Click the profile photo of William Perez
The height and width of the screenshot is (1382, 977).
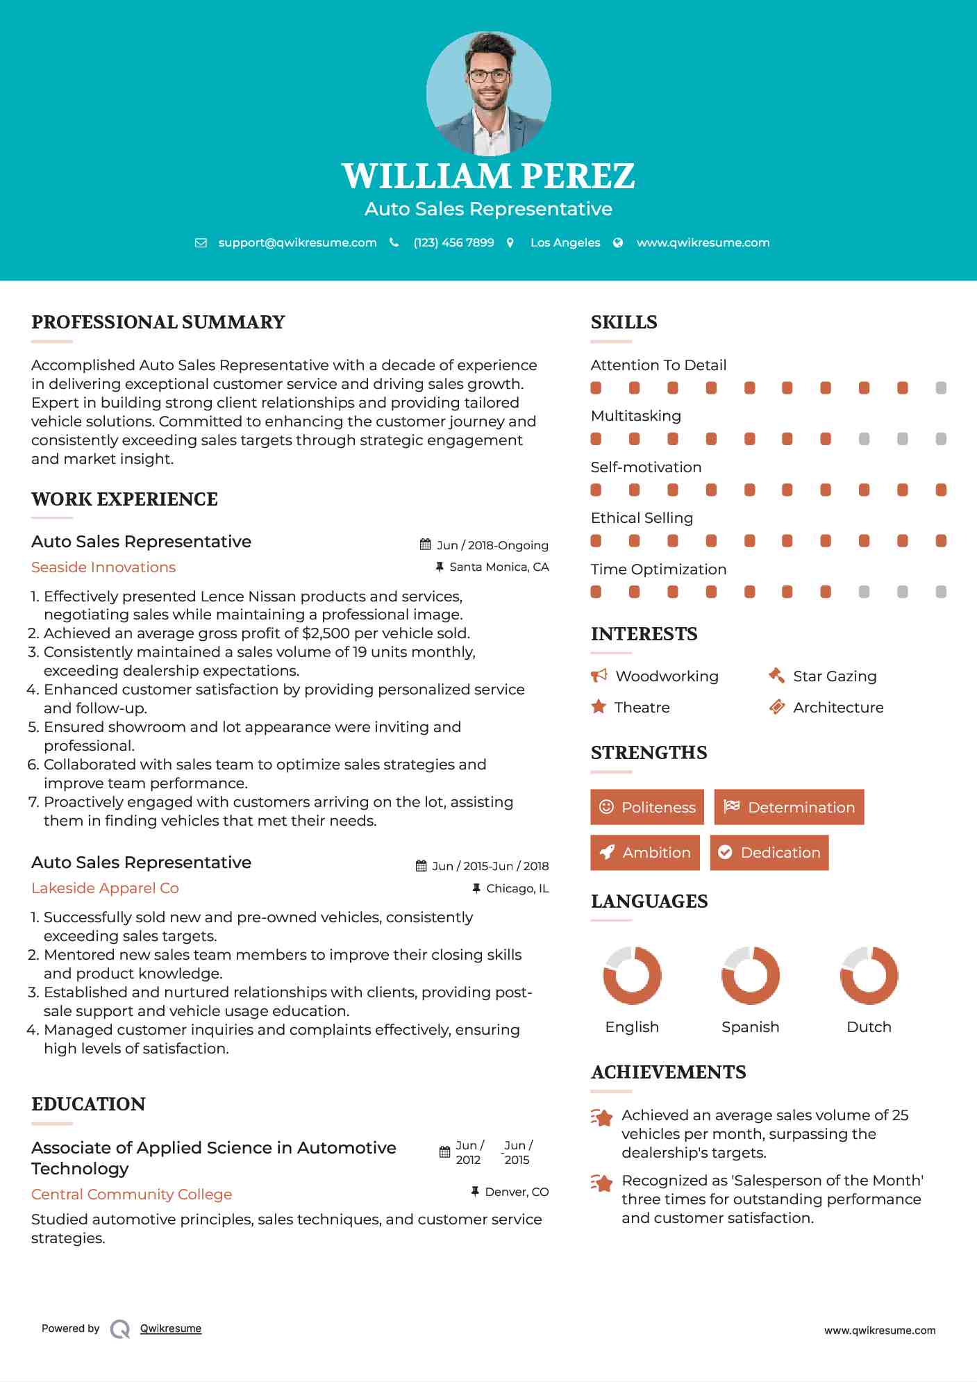coord(488,93)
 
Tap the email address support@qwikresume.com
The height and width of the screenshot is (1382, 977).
coord(297,242)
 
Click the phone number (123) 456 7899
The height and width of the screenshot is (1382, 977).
coord(453,242)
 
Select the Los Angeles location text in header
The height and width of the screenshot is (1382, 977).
coord(565,242)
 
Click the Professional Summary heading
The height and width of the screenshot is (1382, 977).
coord(158,322)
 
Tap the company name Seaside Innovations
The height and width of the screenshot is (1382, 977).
coord(103,567)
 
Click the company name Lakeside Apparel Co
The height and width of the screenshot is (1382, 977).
coord(105,888)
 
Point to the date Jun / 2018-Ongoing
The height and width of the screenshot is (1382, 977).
coord(492,545)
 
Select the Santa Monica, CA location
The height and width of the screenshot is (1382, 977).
coord(499,567)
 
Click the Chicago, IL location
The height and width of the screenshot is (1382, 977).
coord(517,888)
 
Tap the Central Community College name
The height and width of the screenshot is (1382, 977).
coord(132,1194)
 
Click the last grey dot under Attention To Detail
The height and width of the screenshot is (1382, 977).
coord(941,388)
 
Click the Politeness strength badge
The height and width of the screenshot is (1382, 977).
coord(647,807)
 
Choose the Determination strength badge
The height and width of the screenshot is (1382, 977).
coord(789,807)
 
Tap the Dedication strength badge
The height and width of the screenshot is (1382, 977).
coord(769,852)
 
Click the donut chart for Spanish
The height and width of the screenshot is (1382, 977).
coord(750,975)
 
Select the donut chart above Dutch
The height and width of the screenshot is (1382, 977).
coord(869,975)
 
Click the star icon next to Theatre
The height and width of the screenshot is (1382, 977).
coord(599,707)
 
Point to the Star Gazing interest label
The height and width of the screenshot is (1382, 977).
coord(835,676)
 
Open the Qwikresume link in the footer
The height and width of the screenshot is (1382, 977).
coord(171,1329)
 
